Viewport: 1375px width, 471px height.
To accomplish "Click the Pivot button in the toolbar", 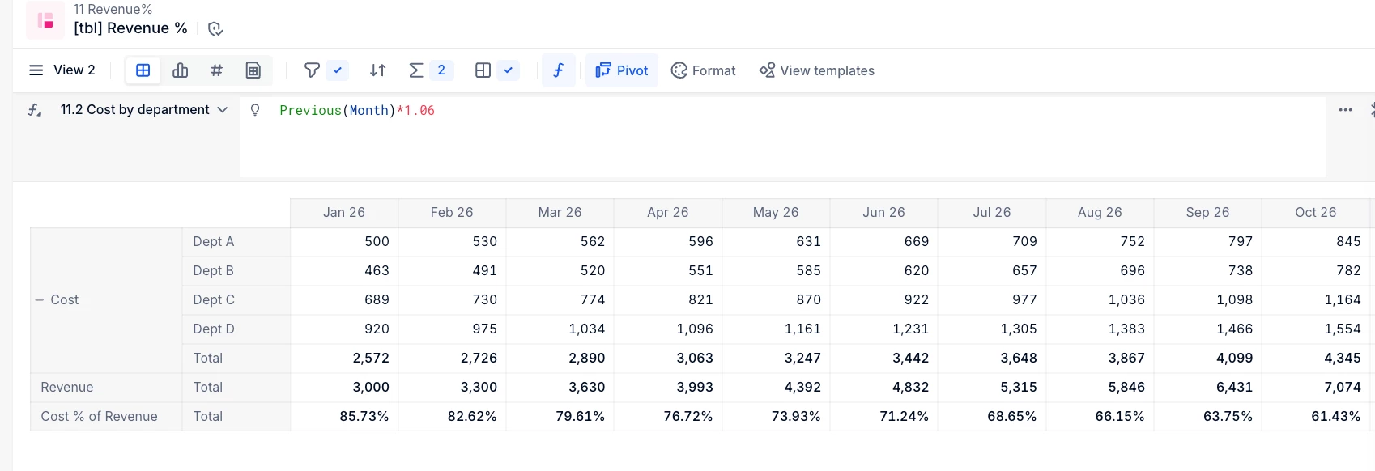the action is [x=621, y=70].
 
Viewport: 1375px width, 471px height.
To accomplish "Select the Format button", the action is [x=703, y=70].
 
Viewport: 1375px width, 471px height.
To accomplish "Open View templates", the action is [x=816, y=70].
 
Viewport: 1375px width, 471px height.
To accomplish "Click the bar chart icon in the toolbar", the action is [x=180, y=70].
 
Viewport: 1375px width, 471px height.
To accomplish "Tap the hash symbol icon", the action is [x=216, y=70].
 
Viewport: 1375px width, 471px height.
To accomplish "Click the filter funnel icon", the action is [x=312, y=70].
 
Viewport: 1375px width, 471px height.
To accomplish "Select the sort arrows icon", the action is [x=377, y=70].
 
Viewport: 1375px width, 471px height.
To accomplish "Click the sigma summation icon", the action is [x=415, y=70].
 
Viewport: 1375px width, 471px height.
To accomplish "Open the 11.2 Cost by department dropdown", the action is [x=143, y=110].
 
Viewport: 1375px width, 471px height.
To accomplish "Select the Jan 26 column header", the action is [x=343, y=212].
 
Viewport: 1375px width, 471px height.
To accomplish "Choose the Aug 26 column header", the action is [x=1100, y=212].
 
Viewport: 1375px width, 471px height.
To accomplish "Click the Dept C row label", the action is [x=214, y=300].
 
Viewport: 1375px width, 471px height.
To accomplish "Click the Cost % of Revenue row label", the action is [x=99, y=417].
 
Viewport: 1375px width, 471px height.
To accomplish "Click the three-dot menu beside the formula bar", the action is [x=1346, y=110].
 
